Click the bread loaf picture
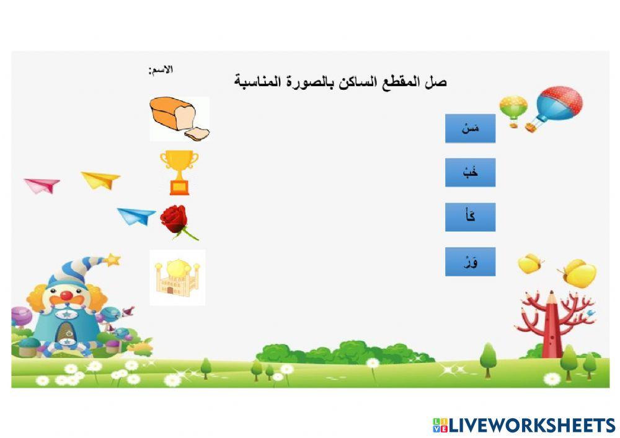[x=179, y=118]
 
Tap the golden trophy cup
[x=179, y=170]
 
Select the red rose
[x=175, y=220]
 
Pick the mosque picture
[x=177, y=276]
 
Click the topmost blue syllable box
[x=470, y=128]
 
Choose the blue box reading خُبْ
[x=470, y=173]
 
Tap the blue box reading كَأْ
[x=470, y=217]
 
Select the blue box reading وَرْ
[x=470, y=261]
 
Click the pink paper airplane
[x=42, y=185]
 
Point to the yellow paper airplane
[x=100, y=180]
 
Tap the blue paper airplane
[x=136, y=216]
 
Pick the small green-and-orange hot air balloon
[x=513, y=108]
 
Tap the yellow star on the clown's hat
[x=112, y=259]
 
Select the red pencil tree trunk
[x=551, y=328]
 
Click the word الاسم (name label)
[x=161, y=69]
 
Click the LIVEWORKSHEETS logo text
[x=531, y=425]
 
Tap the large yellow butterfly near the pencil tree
[x=579, y=273]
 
